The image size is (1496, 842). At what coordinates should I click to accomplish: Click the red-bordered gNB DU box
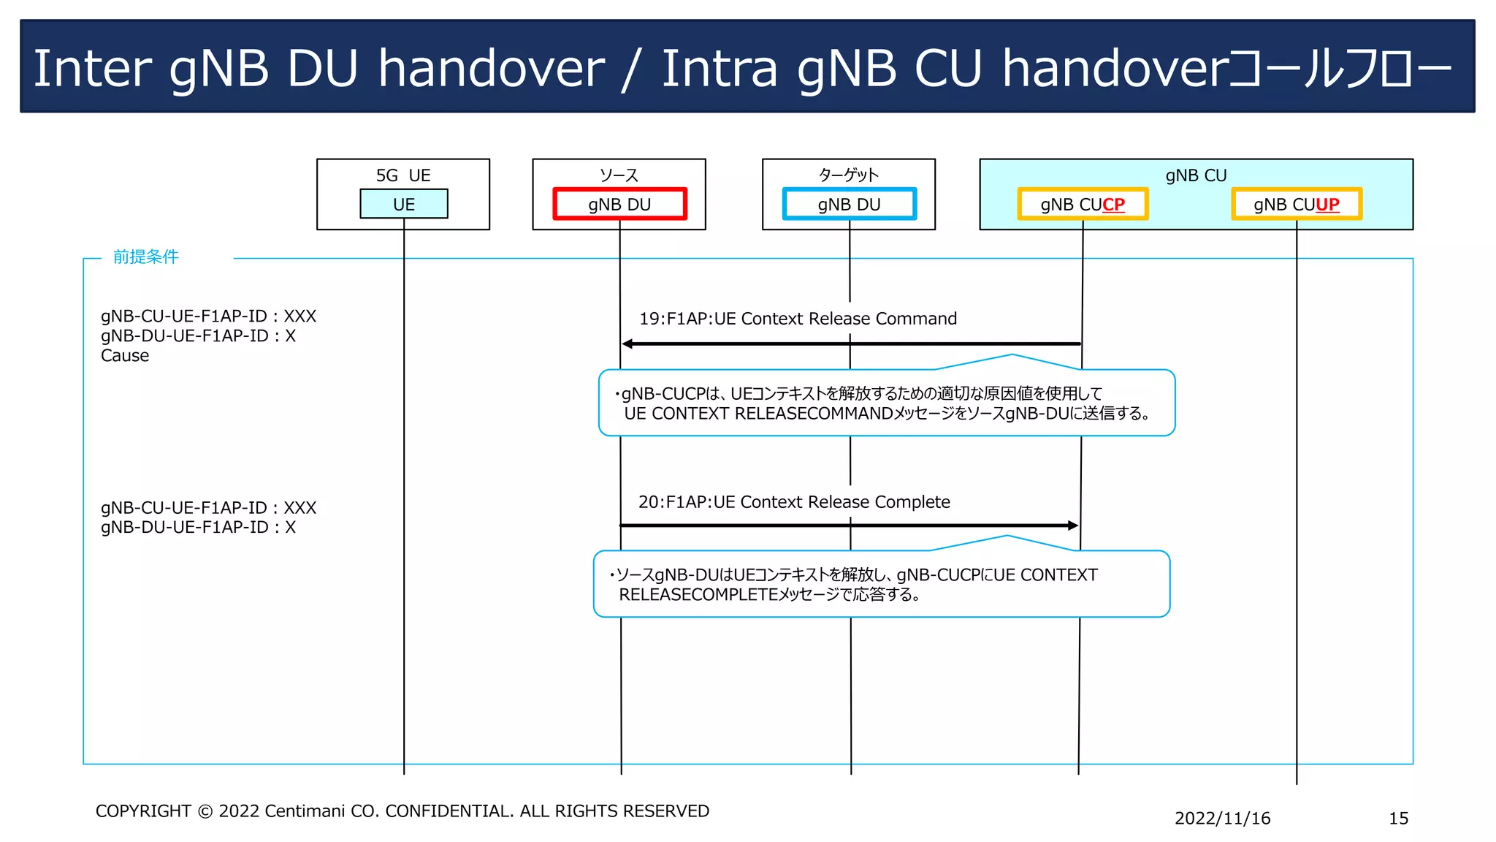click(619, 204)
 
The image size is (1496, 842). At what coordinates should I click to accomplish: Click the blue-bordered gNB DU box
click(849, 204)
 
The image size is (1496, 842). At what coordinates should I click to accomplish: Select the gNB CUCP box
click(1083, 204)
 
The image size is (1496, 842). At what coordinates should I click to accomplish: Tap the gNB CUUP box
click(1297, 204)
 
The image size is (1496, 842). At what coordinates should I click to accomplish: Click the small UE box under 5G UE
click(403, 204)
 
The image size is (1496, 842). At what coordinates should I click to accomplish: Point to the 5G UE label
click(403, 175)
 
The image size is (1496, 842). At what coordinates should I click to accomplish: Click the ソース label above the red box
click(619, 175)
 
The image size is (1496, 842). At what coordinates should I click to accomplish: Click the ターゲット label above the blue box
click(848, 175)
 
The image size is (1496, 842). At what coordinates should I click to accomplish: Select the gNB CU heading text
click(1196, 175)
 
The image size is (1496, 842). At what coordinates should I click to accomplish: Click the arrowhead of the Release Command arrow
click(627, 344)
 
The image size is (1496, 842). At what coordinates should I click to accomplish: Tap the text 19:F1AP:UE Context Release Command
click(798, 319)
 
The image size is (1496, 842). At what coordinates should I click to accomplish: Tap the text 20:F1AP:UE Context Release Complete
click(794, 502)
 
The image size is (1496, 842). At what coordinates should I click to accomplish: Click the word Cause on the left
click(125, 356)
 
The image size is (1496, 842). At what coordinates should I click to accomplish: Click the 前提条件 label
click(145, 257)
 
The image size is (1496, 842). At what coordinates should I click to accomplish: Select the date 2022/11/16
click(1222, 818)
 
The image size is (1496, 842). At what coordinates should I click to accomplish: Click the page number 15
click(1398, 818)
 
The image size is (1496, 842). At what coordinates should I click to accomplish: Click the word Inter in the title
click(92, 69)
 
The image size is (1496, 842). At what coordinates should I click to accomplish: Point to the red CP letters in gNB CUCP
click(1113, 205)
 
